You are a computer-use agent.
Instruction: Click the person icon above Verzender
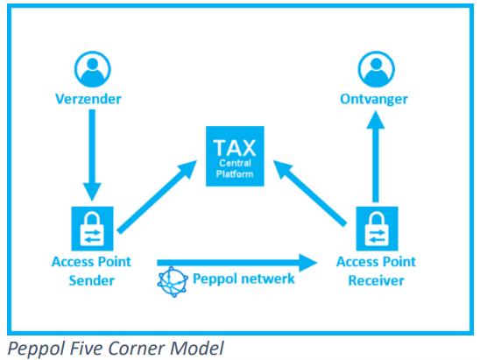coord(93,69)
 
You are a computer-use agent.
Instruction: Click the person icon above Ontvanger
coord(377,69)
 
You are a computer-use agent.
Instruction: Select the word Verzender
coord(88,99)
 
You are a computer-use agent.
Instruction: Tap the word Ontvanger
coord(374,100)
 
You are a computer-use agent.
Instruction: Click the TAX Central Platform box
coord(235,156)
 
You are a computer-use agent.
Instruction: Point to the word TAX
coord(235,148)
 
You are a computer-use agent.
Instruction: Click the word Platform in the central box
coord(235,174)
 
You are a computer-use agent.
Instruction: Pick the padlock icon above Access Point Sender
coord(92,229)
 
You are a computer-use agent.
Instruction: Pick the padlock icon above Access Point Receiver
coord(377,229)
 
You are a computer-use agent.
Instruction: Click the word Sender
coord(91,280)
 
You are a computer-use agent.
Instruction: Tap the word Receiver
coord(377,280)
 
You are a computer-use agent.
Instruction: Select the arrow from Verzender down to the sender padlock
coord(92,155)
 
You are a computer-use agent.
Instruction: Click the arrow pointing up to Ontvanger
coord(376,157)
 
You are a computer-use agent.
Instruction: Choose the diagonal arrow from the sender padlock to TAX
coord(157,197)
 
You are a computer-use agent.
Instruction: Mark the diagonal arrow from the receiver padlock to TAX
coord(310,194)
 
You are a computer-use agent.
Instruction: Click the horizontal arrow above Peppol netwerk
coord(237,263)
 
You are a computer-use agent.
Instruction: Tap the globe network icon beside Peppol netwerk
coord(173,282)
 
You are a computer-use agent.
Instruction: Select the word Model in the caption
coord(197,349)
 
